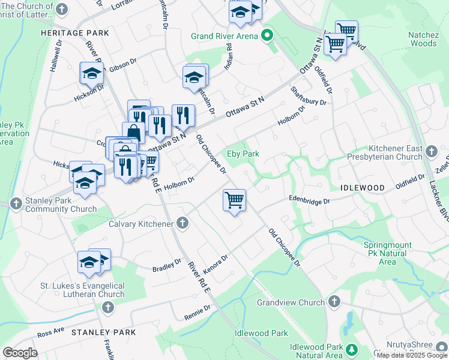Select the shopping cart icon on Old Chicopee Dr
click(234, 200)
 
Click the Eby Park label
click(243, 154)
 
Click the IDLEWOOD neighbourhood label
click(363, 188)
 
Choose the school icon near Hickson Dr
click(91, 74)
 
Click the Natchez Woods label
click(423, 40)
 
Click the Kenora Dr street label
click(215, 263)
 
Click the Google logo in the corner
click(20, 353)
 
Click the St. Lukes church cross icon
click(108, 308)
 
